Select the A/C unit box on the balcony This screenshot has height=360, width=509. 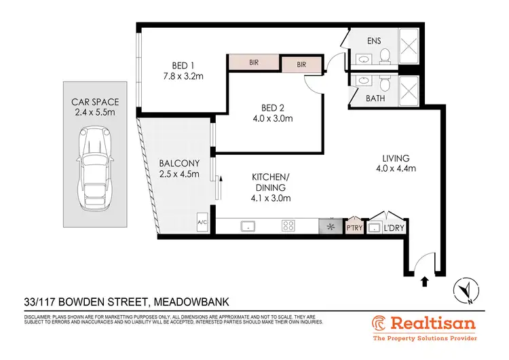pos(202,222)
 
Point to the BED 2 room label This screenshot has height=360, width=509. pos(277,107)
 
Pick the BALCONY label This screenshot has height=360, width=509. pos(178,163)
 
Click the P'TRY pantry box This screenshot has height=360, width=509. pos(354,227)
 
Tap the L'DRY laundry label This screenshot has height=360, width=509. pos(396,228)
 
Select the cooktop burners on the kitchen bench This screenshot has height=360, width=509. pos(288,226)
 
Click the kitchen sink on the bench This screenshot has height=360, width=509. pos(248,226)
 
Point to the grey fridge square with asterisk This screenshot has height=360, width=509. pos(331,226)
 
